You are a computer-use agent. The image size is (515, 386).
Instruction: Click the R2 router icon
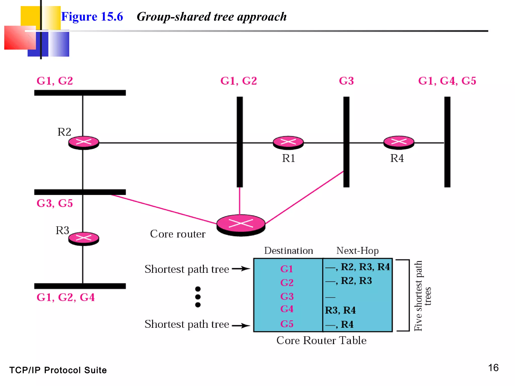coord(84,142)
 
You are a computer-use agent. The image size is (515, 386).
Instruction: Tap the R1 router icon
coord(288,142)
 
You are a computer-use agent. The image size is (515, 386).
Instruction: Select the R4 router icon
coord(399,142)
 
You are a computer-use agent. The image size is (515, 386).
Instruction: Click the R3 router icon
coord(84,238)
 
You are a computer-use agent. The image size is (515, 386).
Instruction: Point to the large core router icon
coord(241,224)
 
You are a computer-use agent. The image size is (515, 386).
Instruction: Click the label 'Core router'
coord(178,234)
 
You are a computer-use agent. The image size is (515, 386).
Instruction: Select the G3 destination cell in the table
coord(287,297)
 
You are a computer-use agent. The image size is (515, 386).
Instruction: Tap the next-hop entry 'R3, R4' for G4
coord(340,310)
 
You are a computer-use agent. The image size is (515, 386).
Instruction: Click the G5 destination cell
coord(287,324)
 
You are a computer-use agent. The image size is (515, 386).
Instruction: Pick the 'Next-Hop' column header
coord(357,251)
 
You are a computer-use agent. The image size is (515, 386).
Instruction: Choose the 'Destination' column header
coord(288,251)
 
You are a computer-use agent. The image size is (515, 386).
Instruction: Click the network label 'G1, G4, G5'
coord(447,81)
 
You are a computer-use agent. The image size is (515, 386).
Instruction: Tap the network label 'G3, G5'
coord(55,203)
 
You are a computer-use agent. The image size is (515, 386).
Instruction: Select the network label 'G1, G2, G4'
coord(66,298)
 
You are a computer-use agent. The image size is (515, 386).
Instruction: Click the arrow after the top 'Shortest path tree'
coord(241,269)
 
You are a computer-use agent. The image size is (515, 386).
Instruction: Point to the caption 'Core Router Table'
coord(321,341)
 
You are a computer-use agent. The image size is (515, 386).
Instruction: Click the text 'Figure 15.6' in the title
coord(92,17)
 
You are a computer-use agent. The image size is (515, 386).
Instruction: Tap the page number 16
coord(493,368)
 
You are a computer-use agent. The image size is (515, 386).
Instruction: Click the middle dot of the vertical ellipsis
coord(198,297)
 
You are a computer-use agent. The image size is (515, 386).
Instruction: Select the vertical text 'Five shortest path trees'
coord(422,296)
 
